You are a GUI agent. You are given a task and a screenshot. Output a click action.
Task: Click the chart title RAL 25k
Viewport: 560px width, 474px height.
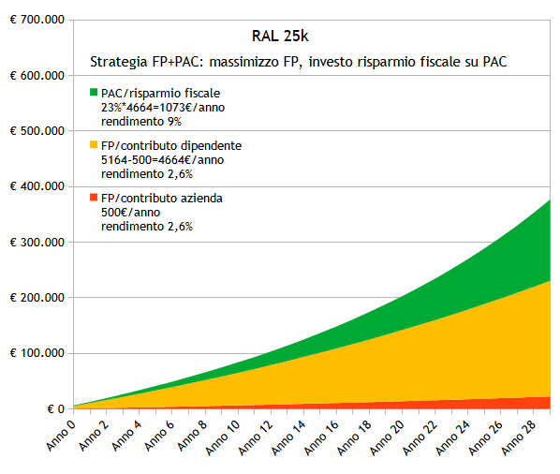280,37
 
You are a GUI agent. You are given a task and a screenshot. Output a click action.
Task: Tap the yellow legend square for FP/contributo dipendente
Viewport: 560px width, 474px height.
94,145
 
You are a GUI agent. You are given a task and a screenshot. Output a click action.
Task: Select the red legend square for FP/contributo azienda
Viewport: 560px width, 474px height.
94,199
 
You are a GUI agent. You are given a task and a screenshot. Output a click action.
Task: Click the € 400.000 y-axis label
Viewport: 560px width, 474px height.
37,187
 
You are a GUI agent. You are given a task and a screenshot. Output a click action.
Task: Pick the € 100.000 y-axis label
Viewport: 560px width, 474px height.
37,354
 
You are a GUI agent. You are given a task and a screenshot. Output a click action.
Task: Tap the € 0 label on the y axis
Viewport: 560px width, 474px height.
52,409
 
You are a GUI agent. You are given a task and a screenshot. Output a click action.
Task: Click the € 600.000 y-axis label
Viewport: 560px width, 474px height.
37,76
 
